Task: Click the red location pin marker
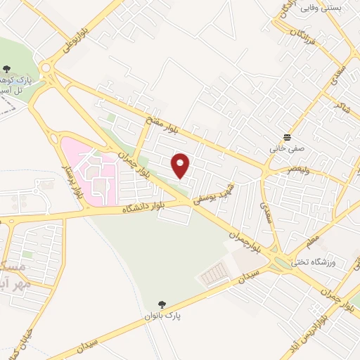coord(181,166)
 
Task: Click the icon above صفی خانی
coord(287,136)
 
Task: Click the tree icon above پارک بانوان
coord(162,304)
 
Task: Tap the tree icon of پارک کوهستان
coord(7,68)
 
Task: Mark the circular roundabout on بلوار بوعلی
coord(49,69)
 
